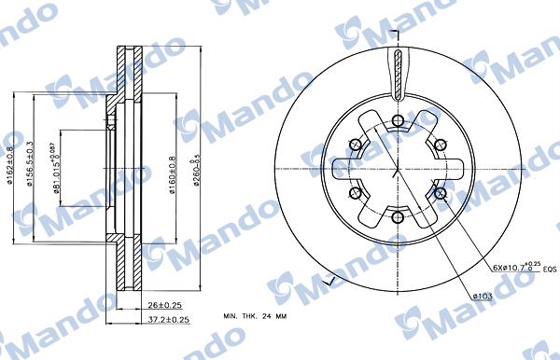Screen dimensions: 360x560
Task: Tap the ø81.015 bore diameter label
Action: tap(57, 165)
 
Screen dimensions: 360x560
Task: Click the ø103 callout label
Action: tap(483, 297)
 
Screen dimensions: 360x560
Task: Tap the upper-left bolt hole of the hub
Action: tap(354, 144)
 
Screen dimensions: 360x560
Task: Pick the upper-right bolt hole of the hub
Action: tap(441, 144)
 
